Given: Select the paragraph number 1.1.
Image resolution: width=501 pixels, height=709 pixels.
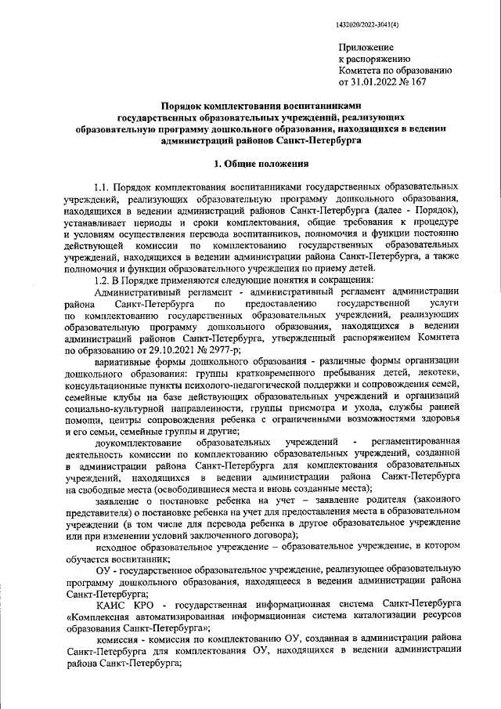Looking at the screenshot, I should click(x=102, y=189).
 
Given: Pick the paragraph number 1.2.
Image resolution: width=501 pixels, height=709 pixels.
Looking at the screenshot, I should click(x=102, y=281).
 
